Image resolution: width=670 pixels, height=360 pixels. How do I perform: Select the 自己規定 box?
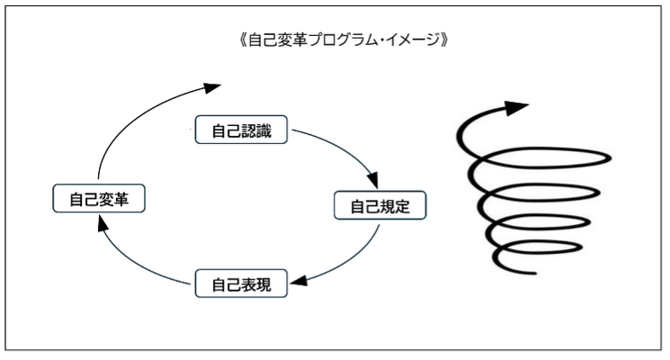[380, 206]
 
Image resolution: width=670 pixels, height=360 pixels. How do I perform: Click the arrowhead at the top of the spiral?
[514, 110]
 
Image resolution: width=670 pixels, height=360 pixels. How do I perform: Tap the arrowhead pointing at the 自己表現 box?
[300, 279]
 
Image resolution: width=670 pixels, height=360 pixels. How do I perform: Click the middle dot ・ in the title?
[383, 41]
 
